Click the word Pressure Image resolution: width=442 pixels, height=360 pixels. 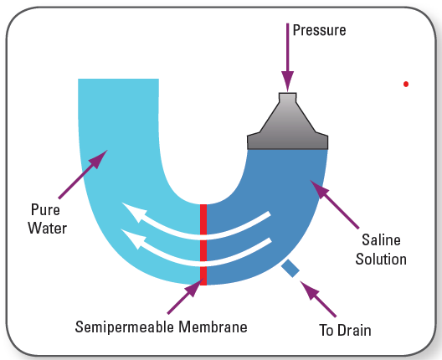click(320, 30)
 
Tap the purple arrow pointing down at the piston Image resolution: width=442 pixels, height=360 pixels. click(287, 58)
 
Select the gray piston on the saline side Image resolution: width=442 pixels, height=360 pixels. click(287, 121)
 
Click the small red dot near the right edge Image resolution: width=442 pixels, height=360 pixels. click(406, 84)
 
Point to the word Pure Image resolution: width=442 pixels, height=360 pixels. click(45, 210)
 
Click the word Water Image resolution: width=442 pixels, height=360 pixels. click(48, 228)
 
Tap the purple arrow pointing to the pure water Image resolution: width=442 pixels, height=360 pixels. click(83, 174)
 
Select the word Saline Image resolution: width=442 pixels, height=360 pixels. click(381, 240)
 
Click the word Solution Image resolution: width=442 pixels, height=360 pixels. click(381, 259)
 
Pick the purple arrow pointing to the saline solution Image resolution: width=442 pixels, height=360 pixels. click(335, 204)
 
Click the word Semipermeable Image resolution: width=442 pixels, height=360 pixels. click(124, 327)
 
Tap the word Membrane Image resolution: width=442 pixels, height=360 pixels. click(213, 327)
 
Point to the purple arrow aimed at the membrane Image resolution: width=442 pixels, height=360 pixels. click(185, 296)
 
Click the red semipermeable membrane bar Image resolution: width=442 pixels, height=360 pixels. click(203, 244)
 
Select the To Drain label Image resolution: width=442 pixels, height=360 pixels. click(345, 330)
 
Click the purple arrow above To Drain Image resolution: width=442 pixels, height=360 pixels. click(318, 299)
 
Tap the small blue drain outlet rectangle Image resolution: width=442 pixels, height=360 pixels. click(290, 269)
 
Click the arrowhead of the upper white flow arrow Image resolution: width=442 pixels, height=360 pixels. click(134, 212)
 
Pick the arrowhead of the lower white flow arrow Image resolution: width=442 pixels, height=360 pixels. click(133, 239)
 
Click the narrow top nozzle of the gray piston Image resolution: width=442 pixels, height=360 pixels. click(287, 98)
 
